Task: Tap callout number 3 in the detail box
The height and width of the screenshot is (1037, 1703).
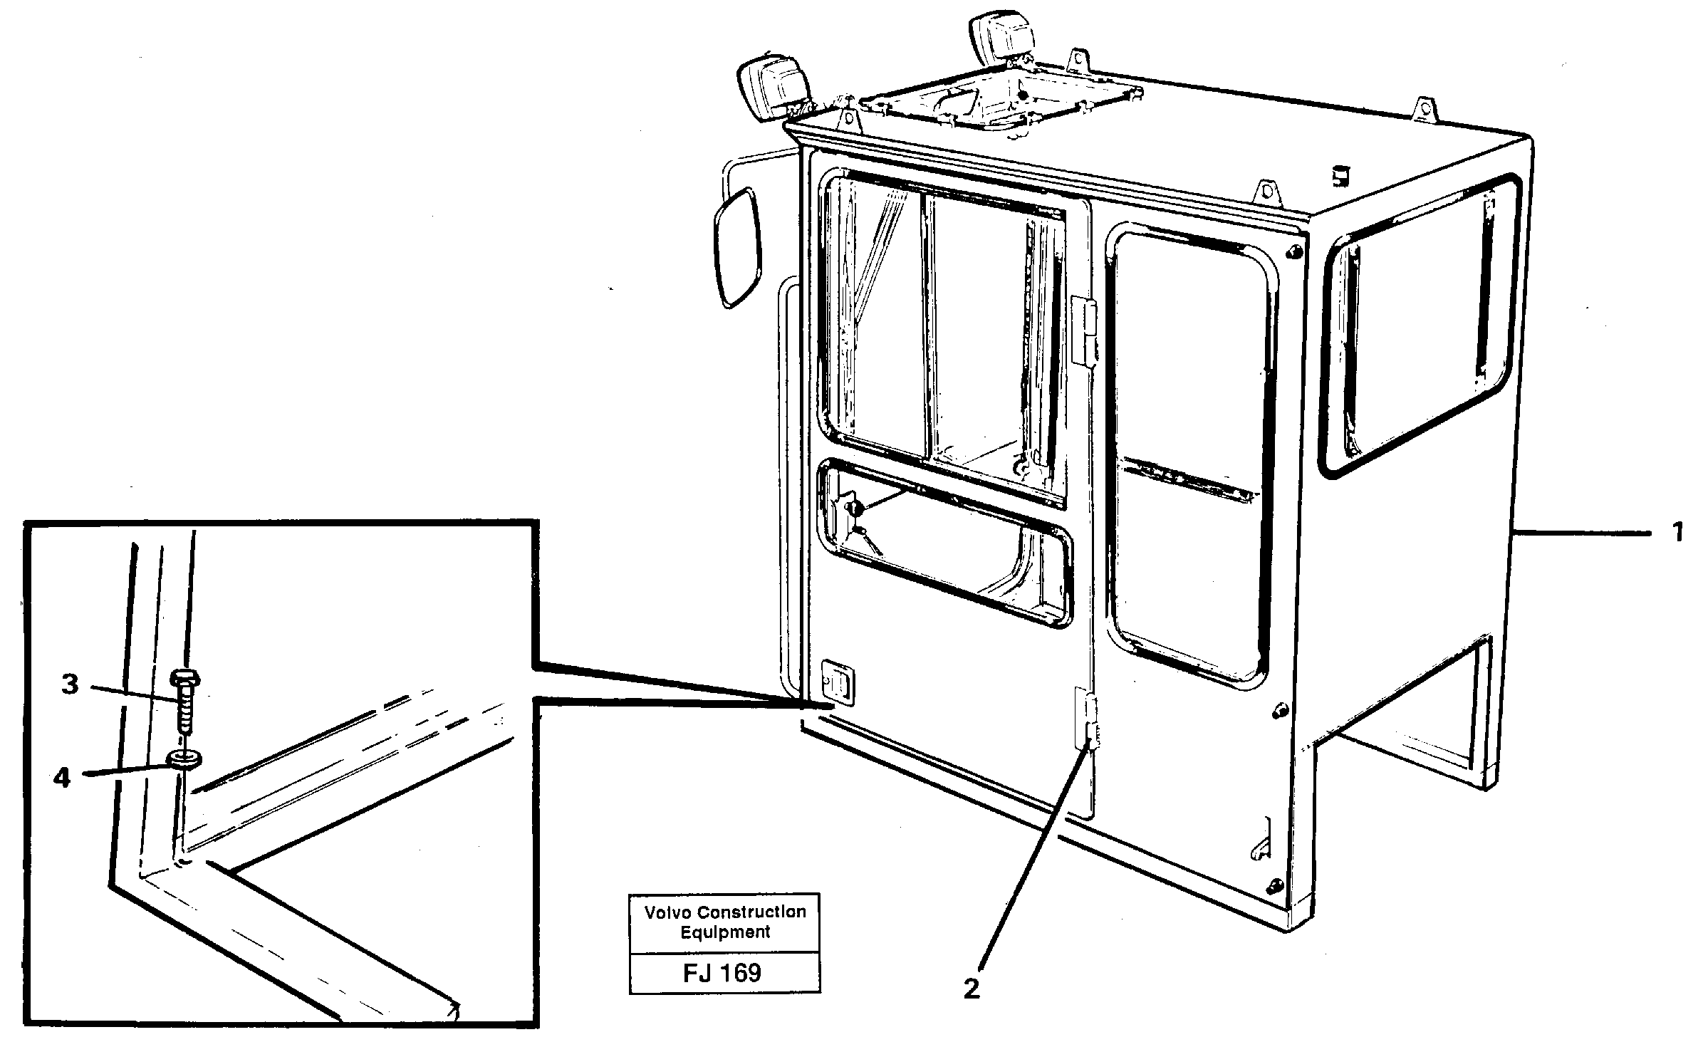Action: coord(69,685)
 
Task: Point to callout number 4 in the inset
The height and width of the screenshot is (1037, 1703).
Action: coord(62,778)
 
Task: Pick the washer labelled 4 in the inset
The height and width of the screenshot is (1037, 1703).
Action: coord(184,760)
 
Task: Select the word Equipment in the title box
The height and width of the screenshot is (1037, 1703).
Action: coord(725,932)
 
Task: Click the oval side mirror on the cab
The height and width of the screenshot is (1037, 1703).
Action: coord(738,246)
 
